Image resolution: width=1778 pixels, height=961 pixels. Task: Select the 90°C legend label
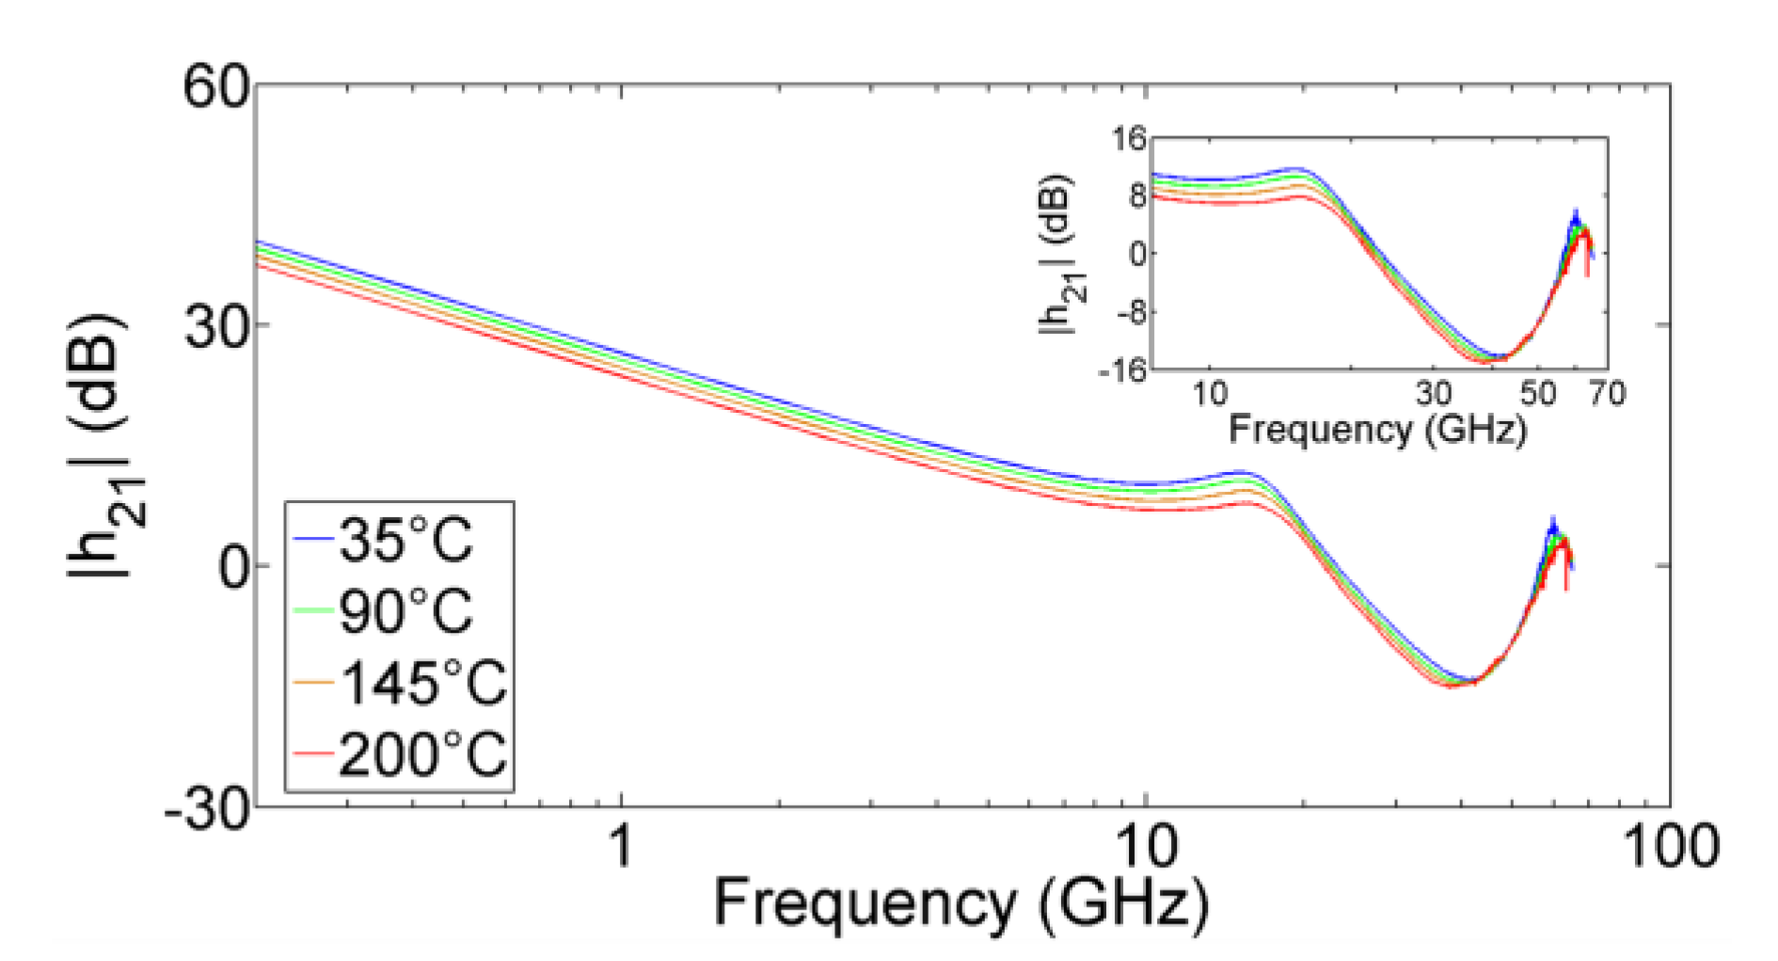point(405,611)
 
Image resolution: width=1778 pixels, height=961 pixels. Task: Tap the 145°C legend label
point(421,683)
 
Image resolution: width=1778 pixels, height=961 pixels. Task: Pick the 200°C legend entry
point(421,754)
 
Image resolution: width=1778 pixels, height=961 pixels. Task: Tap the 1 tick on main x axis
point(619,845)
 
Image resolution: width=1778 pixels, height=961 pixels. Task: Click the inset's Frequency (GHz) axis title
point(1376,430)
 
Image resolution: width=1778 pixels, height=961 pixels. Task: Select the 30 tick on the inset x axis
point(1434,393)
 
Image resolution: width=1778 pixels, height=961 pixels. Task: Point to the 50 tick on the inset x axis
point(1538,393)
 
